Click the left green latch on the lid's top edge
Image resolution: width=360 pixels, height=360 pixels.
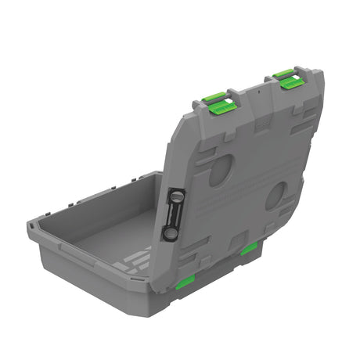[215, 104]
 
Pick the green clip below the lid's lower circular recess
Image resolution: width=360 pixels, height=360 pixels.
[249, 250]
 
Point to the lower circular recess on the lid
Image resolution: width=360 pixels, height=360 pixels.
[275, 196]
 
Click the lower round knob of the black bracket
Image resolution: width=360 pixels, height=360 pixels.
[169, 232]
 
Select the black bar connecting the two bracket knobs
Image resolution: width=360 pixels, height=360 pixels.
[173, 215]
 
